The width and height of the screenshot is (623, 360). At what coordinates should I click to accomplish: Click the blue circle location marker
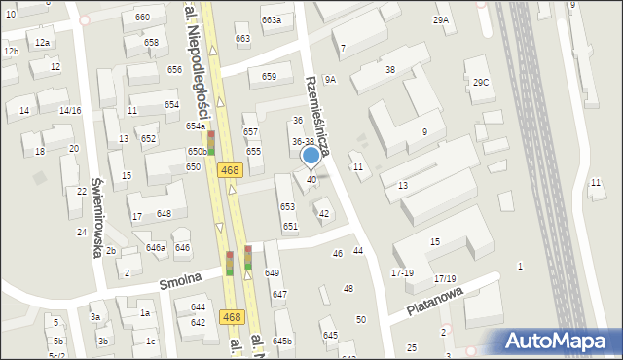pyautogui.click(x=311, y=155)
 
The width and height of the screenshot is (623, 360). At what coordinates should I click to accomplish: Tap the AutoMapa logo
pyautogui.click(x=561, y=341)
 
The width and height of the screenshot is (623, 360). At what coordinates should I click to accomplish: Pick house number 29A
pyautogui.click(x=442, y=20)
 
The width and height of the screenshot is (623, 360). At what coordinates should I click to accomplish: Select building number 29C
pyautogui.click(x=481, y=83)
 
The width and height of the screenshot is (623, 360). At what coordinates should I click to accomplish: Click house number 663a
pyautogui.click(x=272, y=20)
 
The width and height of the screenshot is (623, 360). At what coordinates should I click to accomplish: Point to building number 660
pyautogui.click(x=143, y=18)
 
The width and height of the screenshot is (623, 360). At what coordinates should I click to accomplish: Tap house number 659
pyautogui.click(x=269, y=77)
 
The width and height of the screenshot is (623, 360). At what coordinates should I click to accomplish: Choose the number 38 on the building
pyautogui.click(x=390, y=70)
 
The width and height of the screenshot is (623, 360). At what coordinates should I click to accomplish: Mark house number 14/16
pyautogui.click(x=69, y=111)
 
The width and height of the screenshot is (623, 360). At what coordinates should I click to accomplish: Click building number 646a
pyautogui.click(x=156, y=248)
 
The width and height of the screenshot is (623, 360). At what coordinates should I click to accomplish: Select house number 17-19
pyautogui.click(x=402, y=273)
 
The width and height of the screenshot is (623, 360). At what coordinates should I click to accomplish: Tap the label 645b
pyautogui.click(x=282, y=342)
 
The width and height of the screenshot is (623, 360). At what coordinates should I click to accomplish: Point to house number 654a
pyautogui.click(x=196, y=126)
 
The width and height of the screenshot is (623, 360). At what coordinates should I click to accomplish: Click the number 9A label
pyautogui.click(x=330, y=80)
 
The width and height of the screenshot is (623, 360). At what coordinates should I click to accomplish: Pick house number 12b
pyautogui.click(x=11, y=52)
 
